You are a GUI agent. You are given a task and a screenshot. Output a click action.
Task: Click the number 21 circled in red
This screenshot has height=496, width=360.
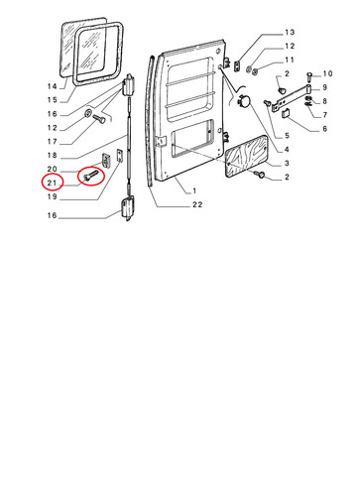pyautogui.click(x=53, y=183)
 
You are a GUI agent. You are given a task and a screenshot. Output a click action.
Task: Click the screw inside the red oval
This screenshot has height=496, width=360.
pyautogui.click(x=90, y=175)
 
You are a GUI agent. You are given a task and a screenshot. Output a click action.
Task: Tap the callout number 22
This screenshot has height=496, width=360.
pyautogui.click(x=197, y=204)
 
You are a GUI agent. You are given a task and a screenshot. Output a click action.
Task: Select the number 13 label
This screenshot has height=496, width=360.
pyautogui.click(x=290, y=32)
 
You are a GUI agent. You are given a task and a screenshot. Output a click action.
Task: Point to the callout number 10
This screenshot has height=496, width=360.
pyautogui.click(x=327, y=73)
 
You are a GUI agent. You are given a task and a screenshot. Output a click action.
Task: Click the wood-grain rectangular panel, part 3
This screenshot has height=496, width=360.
pyautogui.click(x=247, y=156)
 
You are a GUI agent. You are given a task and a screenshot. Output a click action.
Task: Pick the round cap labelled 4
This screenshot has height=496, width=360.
pyautogui.click(x=243, y=100)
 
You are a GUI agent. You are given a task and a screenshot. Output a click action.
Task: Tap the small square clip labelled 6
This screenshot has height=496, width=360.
pyautogui.click(x=286, y=113)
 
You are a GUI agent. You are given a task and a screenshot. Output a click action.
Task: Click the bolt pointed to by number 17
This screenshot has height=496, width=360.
pyautogui.click(x=98, y=118)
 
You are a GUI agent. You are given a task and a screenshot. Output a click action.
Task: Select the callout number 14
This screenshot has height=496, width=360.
pyautogui.click(x=53, y=86)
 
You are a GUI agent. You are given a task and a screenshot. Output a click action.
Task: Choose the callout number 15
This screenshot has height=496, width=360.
pyautogui.click(x=53, y=100)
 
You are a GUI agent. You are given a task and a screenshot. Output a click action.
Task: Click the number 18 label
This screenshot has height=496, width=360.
pyautogui.click(x=53, y=155)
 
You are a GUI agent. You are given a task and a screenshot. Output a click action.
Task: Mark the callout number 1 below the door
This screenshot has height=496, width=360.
pyautogui.click(x=194, y=190)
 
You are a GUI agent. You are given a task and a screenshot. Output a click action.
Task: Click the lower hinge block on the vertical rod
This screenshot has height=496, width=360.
pyautogui.click(x=128, y=207)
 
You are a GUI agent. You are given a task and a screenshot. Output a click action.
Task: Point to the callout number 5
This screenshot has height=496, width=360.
pyautogui.click(x=287, y=135)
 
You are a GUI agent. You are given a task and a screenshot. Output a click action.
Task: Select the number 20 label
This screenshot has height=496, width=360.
pyautogui.click(x=53, y=169)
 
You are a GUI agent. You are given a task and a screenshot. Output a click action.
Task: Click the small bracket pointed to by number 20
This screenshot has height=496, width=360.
pyautogui.click(x=106, y=161)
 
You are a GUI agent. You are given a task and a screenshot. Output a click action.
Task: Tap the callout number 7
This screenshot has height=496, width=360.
pyautogui.click(x=324, y=115)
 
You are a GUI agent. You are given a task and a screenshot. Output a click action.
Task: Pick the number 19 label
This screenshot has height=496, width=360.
pyautogui.click(x=53, y=196)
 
